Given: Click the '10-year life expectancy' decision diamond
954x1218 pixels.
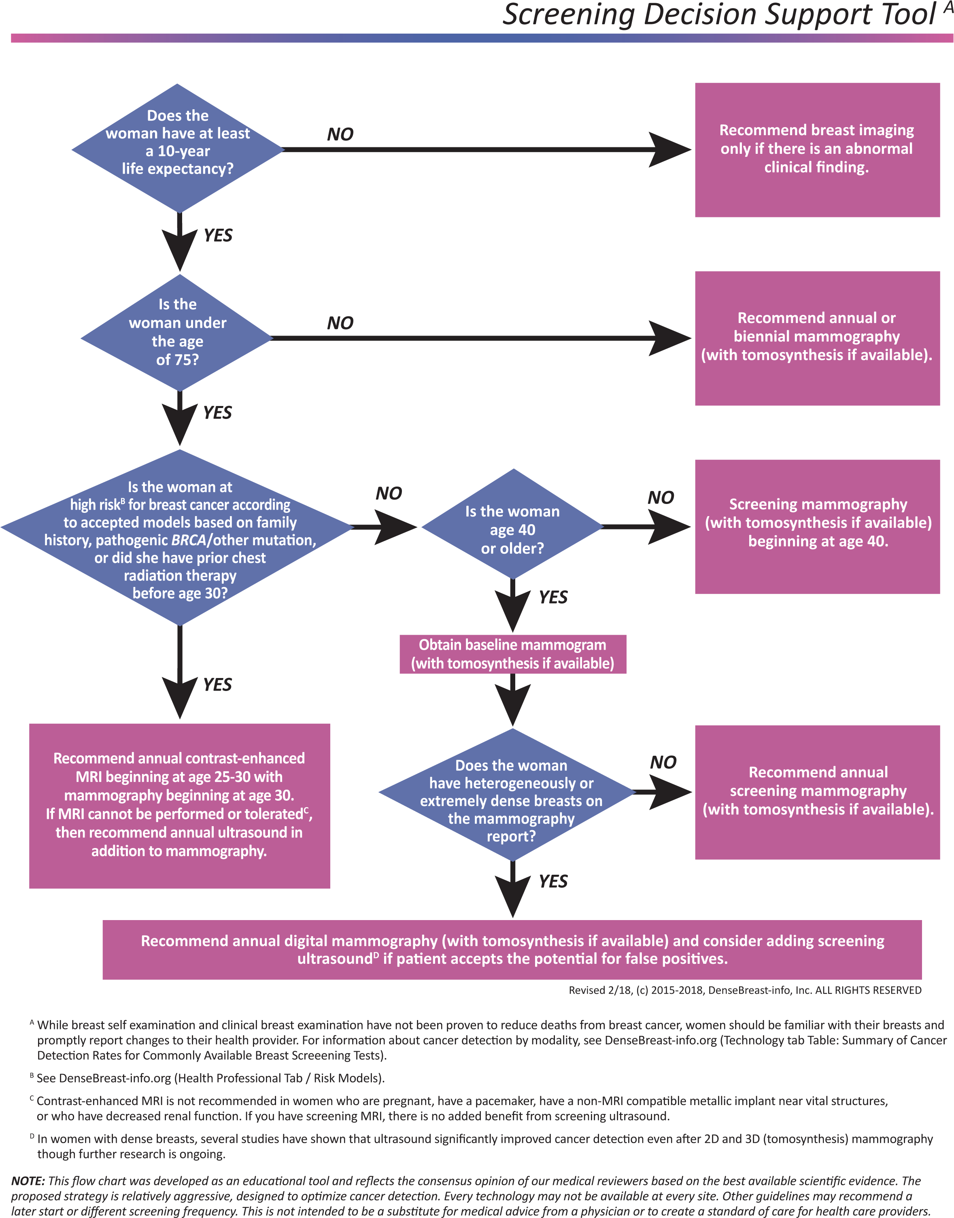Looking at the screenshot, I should pos(178,148).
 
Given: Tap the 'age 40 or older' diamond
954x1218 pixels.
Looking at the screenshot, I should pos(512,525).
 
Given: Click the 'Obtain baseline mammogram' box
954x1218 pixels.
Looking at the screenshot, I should pos(512,654).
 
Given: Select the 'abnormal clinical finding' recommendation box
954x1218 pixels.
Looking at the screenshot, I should pos(817,150).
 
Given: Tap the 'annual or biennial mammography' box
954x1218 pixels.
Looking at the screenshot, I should pos(817,338).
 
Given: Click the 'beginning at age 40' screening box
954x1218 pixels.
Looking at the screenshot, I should pos(817,526).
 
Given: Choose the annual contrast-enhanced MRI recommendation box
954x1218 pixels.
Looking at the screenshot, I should pos(179,805).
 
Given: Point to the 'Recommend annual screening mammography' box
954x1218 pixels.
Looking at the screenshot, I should pos(817,792).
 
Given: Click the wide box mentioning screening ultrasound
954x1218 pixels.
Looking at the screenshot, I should pos(512,949).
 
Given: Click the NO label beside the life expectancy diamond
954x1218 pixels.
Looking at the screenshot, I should pos(340,134).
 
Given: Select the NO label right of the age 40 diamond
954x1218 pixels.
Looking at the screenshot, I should pos(661,497).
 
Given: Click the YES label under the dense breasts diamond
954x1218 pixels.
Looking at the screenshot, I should pos(553,881).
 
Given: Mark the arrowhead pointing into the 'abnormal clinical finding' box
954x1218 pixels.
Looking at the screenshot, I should pos(670,150).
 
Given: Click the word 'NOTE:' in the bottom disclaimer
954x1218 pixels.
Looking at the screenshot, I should pos(28,1181).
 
